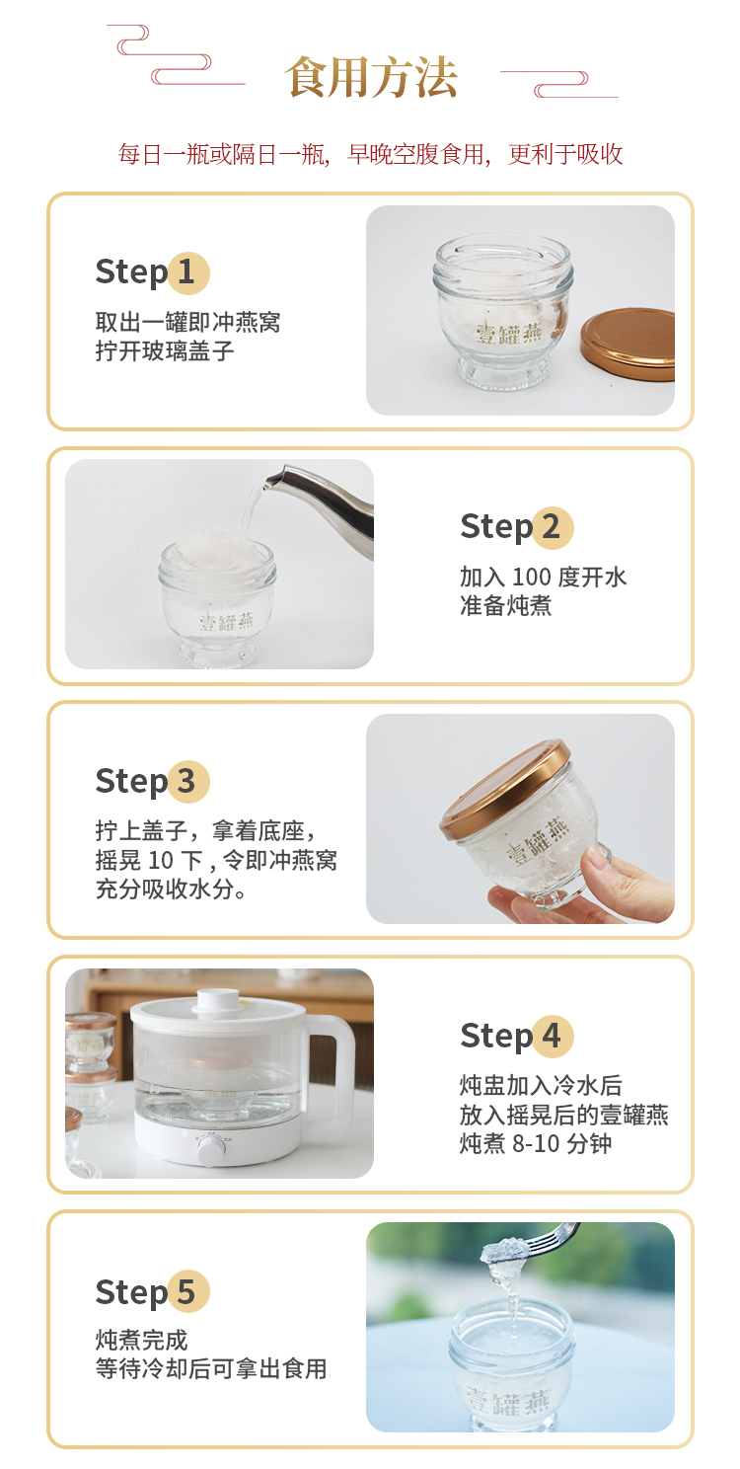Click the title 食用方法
pos(370,77)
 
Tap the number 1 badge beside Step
pos(188,272)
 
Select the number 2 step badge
pos(552,527)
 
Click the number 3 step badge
pos(188,781)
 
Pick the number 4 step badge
pos(552,1037)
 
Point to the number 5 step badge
pos(188,1291)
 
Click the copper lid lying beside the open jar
pos(628,345)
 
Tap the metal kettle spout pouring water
pos(322,501)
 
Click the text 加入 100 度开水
pos(543,578)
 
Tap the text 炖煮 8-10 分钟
pos(536,1144)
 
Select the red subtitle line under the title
pos(370,155)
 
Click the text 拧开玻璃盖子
pos(165,351)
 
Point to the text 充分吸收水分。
pos(171,889)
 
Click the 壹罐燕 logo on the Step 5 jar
pos(508,1402)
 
